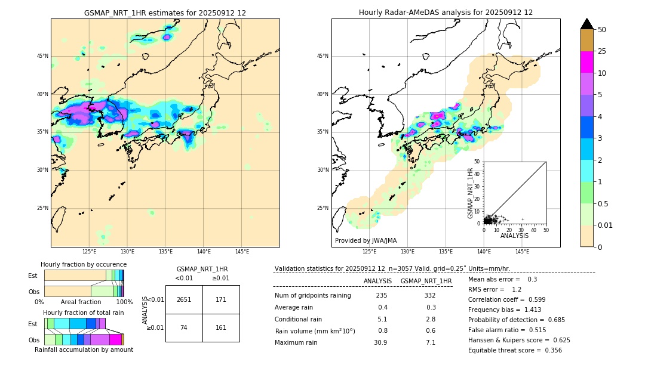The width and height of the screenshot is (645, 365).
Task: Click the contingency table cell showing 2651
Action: pos(184,299)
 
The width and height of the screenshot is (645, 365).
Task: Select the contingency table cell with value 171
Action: pos(221,299)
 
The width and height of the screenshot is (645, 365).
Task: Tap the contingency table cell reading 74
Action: pos(184,328)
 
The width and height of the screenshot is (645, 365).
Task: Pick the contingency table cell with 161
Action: pos(221,328)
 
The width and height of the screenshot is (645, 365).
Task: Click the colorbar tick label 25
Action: pos(602,51)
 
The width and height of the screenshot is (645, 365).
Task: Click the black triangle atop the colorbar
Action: pos(587,24)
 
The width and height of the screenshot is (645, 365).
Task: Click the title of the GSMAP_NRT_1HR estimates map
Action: pos(165,13)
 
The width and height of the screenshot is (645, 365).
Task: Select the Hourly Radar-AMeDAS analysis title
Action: pos(446,13)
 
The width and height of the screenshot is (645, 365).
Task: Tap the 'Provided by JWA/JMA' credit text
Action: pos(365,240)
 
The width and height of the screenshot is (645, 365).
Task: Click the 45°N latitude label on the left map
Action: pos(42,56)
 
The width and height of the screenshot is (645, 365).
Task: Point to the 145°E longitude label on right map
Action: pos(522,252)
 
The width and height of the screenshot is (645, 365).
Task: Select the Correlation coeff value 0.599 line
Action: pos(503,310)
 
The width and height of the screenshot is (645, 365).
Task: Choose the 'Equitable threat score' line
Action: pos(515,350)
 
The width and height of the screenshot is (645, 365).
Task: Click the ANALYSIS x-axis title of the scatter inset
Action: pos(514,236)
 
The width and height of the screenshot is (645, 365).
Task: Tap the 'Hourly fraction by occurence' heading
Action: pos(84,264)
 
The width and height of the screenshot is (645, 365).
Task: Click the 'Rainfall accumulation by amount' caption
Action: pos(84,349)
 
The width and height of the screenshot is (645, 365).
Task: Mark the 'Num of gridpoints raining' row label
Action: pos(313,295)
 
